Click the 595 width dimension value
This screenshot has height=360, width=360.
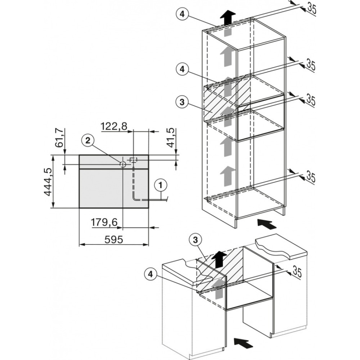click(x=114, y=240)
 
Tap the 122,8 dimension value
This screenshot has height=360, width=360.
click(x=114, y=126)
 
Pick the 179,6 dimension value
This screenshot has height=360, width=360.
click(x=104, y=222)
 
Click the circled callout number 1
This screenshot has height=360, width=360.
click(x=161, y=185)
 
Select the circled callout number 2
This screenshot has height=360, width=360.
click(x=88, y=140)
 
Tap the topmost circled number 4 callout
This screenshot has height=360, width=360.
click(x=182, y=14)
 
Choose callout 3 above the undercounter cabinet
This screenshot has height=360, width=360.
click(x=195, y=240)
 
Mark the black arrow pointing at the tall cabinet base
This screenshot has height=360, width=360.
click(x=267, y=224)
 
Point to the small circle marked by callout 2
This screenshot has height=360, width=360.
click(x=123, y=165)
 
